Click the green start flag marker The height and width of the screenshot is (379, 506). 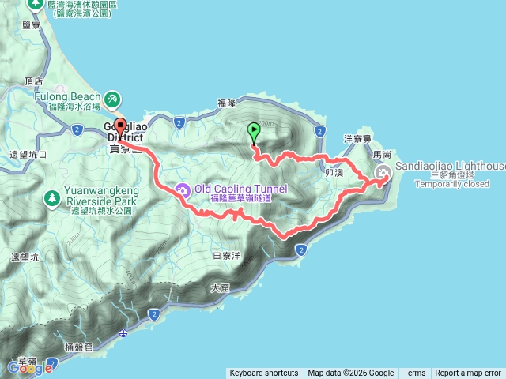tap(254, 132)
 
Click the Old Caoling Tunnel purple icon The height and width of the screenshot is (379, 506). tap(183, 189)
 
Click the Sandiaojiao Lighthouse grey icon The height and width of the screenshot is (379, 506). tap(383, 173)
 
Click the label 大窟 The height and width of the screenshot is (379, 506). tap(221, 289)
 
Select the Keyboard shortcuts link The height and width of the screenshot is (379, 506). tap(264, 373)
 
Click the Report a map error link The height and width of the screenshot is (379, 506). tap(468, 373)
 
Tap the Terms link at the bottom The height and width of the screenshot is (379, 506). tap(414, 373)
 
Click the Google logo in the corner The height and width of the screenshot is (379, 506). tap(30, 367)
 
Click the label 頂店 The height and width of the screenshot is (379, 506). tap(33, 81)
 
